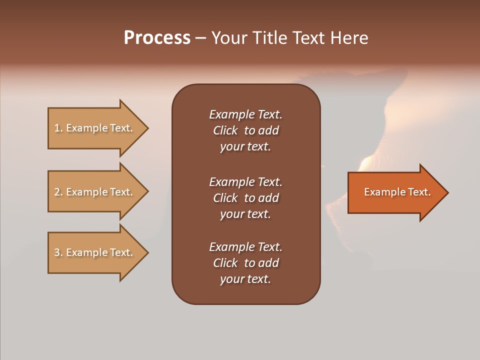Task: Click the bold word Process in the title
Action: pos(157,38)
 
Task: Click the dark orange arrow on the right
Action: pos(395,192)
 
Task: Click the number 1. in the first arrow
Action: pos(58,128)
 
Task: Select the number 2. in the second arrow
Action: pos(58,192)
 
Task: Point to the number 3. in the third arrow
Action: pos(58,252)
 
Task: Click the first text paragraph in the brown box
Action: pos(245,130)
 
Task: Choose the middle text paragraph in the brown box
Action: pos(245,198)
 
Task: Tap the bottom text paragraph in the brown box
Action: pos(245,263)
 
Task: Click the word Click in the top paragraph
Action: pos(225,130)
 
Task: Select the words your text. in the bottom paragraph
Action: pos(245,279)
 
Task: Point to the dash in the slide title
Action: pos(200,38)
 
